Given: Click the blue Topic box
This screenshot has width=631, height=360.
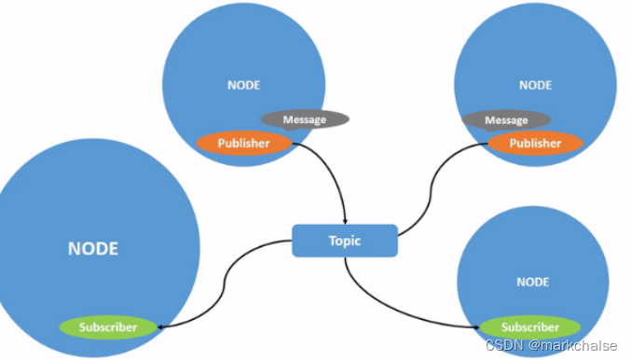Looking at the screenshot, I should coord(345,241).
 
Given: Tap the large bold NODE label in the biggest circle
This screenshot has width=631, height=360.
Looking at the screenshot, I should coord(93,249).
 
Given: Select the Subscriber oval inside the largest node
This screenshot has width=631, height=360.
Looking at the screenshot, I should coord(108,327).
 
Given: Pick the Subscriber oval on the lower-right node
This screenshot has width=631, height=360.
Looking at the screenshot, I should coord(529,327).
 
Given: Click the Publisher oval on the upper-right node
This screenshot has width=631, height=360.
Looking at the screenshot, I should coord(535,143).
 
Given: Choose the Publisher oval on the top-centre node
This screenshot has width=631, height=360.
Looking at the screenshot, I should coord(243,143).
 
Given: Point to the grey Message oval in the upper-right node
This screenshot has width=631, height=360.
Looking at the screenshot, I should coord(506,120).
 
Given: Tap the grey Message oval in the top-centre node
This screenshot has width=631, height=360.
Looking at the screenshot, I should coord(305,119).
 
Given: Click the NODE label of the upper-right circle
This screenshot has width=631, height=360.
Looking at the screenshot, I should coord(535,85).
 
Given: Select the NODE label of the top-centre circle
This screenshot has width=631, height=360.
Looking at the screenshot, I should coord(244,85).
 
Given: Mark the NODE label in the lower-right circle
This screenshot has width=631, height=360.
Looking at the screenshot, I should coord(533,282).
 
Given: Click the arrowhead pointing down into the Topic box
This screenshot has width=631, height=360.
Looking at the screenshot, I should coord(345,220).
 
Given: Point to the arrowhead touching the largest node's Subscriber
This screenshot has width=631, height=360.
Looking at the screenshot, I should coord(163,327).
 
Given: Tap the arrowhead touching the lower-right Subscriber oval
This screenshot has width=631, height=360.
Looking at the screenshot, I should coord(477,327).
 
